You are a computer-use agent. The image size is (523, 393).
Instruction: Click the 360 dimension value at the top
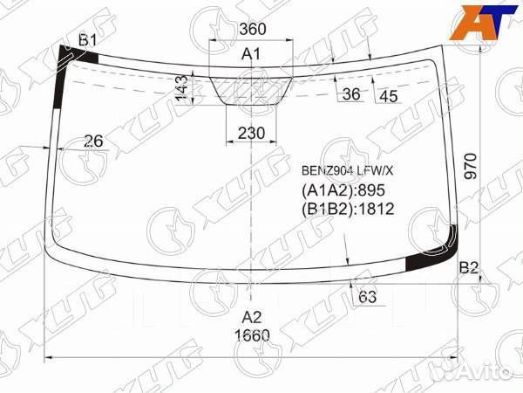click(253, 29)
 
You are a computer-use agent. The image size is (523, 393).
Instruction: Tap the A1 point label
click(251, 53)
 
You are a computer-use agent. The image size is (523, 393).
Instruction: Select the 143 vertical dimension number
click(182, 88)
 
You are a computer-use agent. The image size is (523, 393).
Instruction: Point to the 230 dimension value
click(251, 133)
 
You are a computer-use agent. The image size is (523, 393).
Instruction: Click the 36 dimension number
click(351, 94)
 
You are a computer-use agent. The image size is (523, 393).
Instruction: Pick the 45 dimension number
click(389, 97)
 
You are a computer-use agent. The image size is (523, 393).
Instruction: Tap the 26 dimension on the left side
click(93, 141)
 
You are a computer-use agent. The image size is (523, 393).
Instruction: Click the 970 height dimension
click(471, 166)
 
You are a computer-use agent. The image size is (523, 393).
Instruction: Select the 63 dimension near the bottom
click(367, 297)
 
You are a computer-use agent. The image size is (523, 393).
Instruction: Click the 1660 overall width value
click(252, 335)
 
